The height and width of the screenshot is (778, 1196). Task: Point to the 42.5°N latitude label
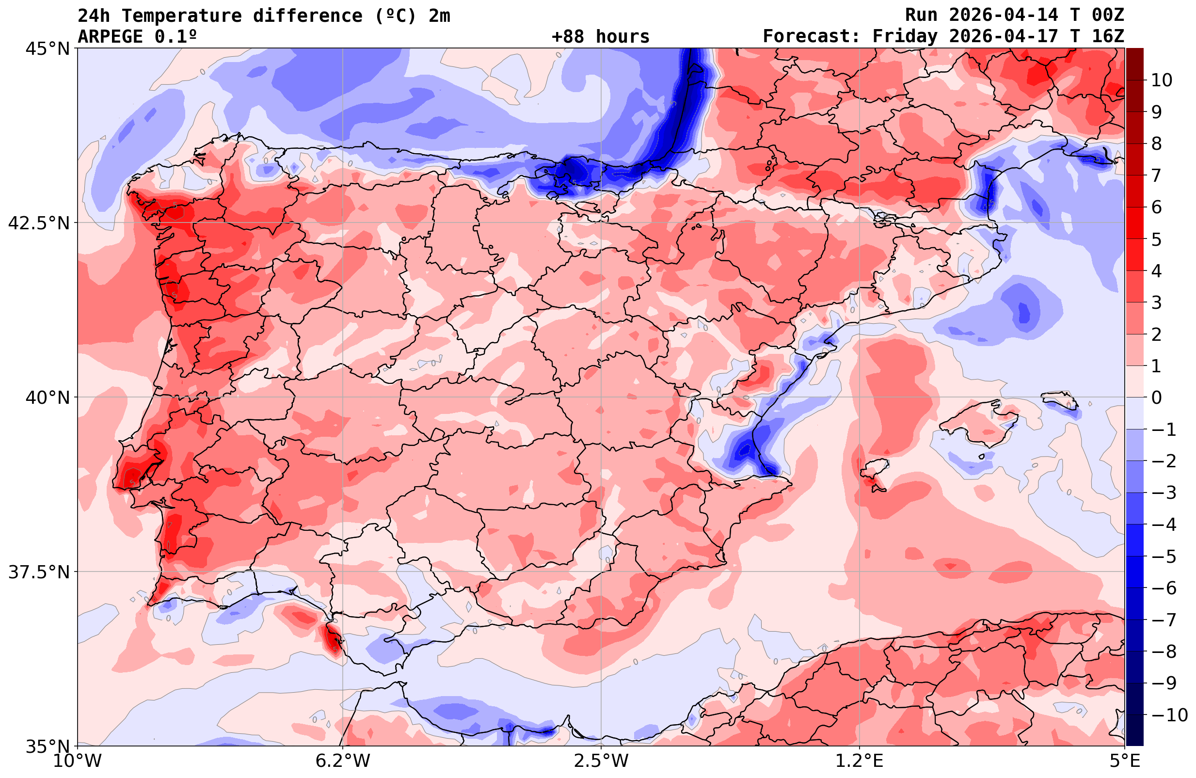click(38, 223)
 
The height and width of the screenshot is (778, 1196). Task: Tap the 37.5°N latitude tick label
click(38, 572)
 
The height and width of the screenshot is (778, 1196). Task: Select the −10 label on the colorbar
click(1169, 714)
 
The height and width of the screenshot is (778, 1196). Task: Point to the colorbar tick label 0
click(1156, 397)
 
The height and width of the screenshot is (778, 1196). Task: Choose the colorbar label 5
click(1156, 239)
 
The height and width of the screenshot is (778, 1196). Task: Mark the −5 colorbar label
click(1163, 556)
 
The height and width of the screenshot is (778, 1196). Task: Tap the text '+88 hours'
click(601, 37)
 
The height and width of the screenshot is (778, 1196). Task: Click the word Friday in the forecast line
click(905, 37)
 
